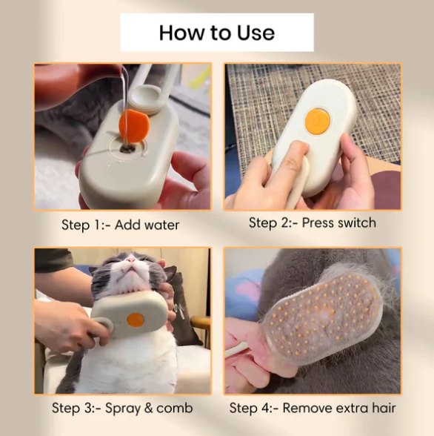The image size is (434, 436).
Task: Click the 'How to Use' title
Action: click(217, 33)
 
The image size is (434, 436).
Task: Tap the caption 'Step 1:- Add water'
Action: click(120, 225)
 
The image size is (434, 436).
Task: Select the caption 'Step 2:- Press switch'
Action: click(313, 222)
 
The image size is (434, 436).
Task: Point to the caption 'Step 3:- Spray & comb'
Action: click(122, 408)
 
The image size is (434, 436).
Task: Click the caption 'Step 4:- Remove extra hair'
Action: click(313, 408)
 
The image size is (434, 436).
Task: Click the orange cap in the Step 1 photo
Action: click(134, 126)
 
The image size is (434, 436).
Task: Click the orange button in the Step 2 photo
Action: click(318, 121)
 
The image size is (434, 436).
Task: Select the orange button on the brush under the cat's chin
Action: click(136, 320)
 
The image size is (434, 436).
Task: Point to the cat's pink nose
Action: click(131, 260)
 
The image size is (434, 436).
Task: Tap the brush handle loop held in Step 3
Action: click(103, 328)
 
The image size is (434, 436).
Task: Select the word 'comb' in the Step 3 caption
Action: click(175, 408)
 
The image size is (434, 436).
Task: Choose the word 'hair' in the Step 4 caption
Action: click(384, 408)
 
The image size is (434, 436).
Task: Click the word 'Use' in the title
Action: click(256, 33)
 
